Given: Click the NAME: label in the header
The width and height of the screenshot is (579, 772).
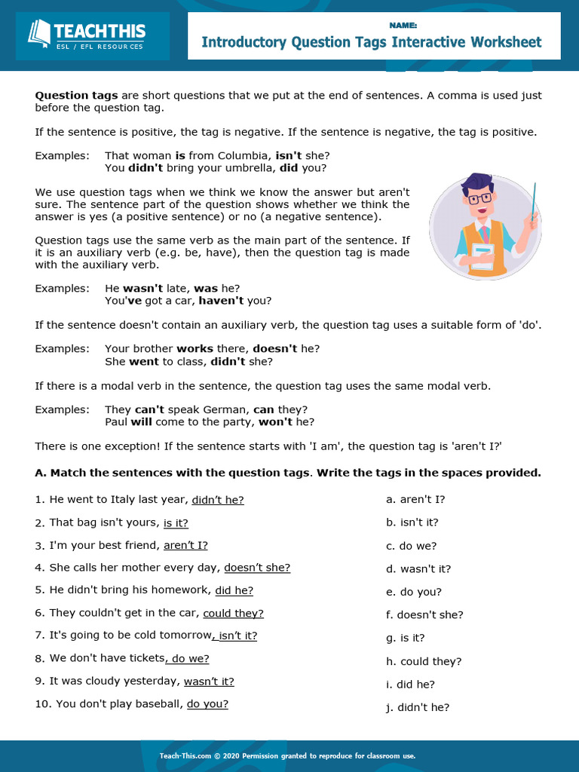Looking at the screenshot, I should point(397,25).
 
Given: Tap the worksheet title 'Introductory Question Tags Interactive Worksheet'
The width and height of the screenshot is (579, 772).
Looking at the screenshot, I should point(372,42).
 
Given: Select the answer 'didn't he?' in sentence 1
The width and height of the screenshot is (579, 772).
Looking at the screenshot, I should point(218,499).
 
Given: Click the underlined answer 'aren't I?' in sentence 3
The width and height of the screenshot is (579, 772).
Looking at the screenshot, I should point(185,545).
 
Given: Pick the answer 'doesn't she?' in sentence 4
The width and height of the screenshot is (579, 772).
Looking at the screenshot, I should point(257,568).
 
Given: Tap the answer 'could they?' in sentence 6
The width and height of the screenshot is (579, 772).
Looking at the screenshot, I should point(234,613).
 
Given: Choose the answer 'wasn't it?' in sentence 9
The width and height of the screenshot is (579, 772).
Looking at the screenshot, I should point(209,681).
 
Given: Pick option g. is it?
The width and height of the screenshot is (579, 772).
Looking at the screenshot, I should point(406,638).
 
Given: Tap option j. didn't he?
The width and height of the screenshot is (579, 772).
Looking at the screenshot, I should point(418,707).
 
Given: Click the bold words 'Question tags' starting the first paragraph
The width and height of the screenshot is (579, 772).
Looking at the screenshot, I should point(76,96).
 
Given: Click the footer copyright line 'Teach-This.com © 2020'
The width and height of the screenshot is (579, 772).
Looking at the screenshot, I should point(287,755).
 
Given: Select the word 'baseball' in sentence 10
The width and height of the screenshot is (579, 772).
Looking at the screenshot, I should point(160,704).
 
